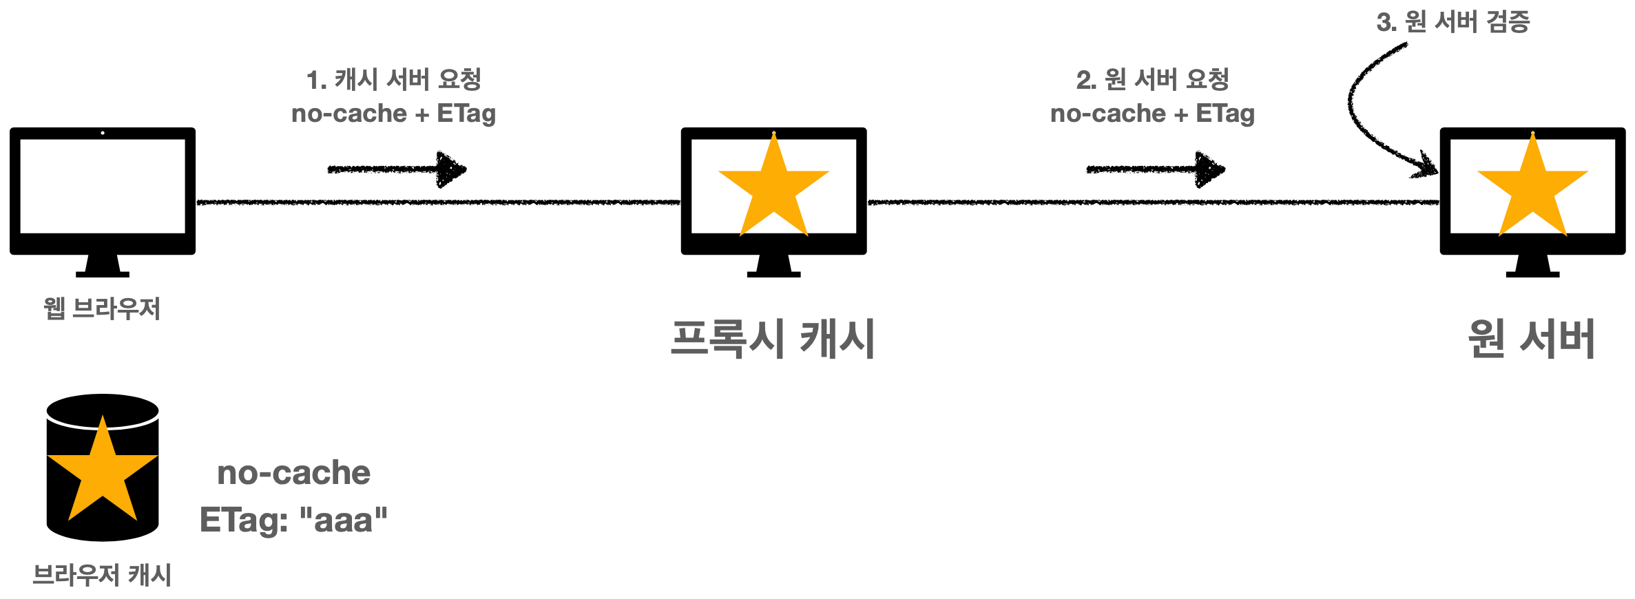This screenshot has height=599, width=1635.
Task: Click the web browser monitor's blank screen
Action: click(x=103, y=186)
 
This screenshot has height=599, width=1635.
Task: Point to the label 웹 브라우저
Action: click(x=102, y=308)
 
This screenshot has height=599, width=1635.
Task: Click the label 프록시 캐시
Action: click(x=773, y=339)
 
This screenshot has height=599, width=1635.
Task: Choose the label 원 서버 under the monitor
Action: click(x=1532, y=339)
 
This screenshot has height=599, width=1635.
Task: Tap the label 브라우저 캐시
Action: click(x=102, y=575)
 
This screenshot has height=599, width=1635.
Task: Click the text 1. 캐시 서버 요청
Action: click(x=394, y=80)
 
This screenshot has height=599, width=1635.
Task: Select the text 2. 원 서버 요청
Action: click(x=1153, y=80)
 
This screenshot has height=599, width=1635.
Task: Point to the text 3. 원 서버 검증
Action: click(x=1453, y=22)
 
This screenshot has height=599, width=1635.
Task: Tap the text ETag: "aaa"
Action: click(x=293, y=521)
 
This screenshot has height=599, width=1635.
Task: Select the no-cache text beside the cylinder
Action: click(x=293, y=473)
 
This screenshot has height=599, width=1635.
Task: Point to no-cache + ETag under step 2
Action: click(x=1153, y=114)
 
